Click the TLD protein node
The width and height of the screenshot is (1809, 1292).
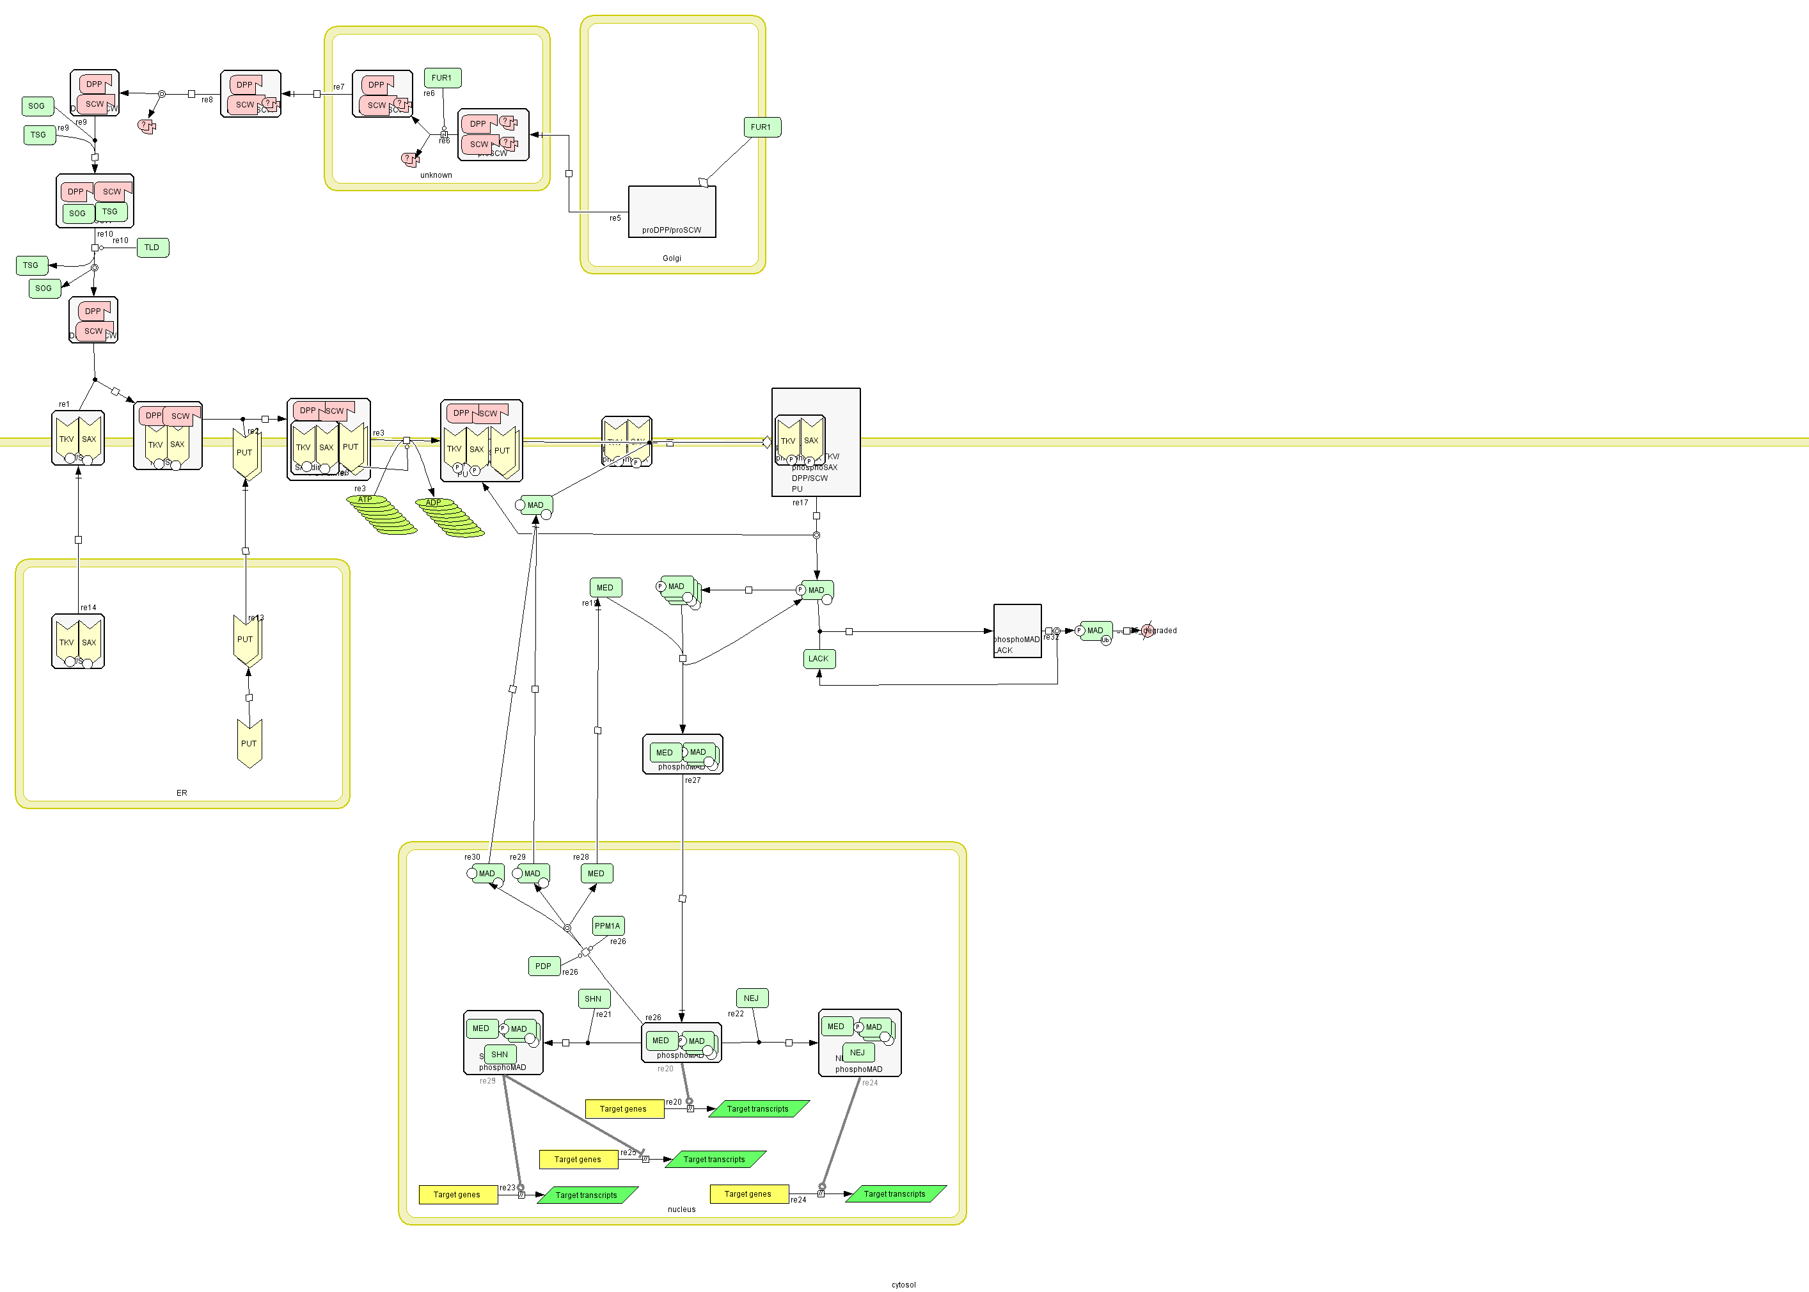(x=153, y=248)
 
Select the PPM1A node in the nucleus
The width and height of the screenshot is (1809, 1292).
(x=608, y=926)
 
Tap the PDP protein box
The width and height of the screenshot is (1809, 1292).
(x=543, y=966)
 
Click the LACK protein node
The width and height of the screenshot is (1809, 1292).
(x=819, y=659)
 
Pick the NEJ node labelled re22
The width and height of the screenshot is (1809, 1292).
(x=751, y=998)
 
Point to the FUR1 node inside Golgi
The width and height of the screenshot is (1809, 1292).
(x=761, y=127)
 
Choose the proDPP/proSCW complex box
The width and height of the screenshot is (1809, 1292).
(x=672, y=211)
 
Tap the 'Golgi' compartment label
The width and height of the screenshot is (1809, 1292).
(x=672, y=258)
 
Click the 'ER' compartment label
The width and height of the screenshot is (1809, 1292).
(x=182, y=793)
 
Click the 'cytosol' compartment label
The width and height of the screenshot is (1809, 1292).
(x=903, y=1285)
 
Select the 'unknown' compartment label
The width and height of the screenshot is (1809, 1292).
(x=436, y=175)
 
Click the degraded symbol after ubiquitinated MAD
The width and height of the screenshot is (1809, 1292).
(x=1147, y=631)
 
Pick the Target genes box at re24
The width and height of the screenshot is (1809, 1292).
(x=748, y=1194)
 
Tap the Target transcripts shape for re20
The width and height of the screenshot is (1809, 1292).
(x=757, y=1109)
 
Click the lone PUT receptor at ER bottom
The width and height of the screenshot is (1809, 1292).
(x=249, y=743)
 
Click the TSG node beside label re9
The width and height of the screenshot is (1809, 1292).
(x=39, y=135)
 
